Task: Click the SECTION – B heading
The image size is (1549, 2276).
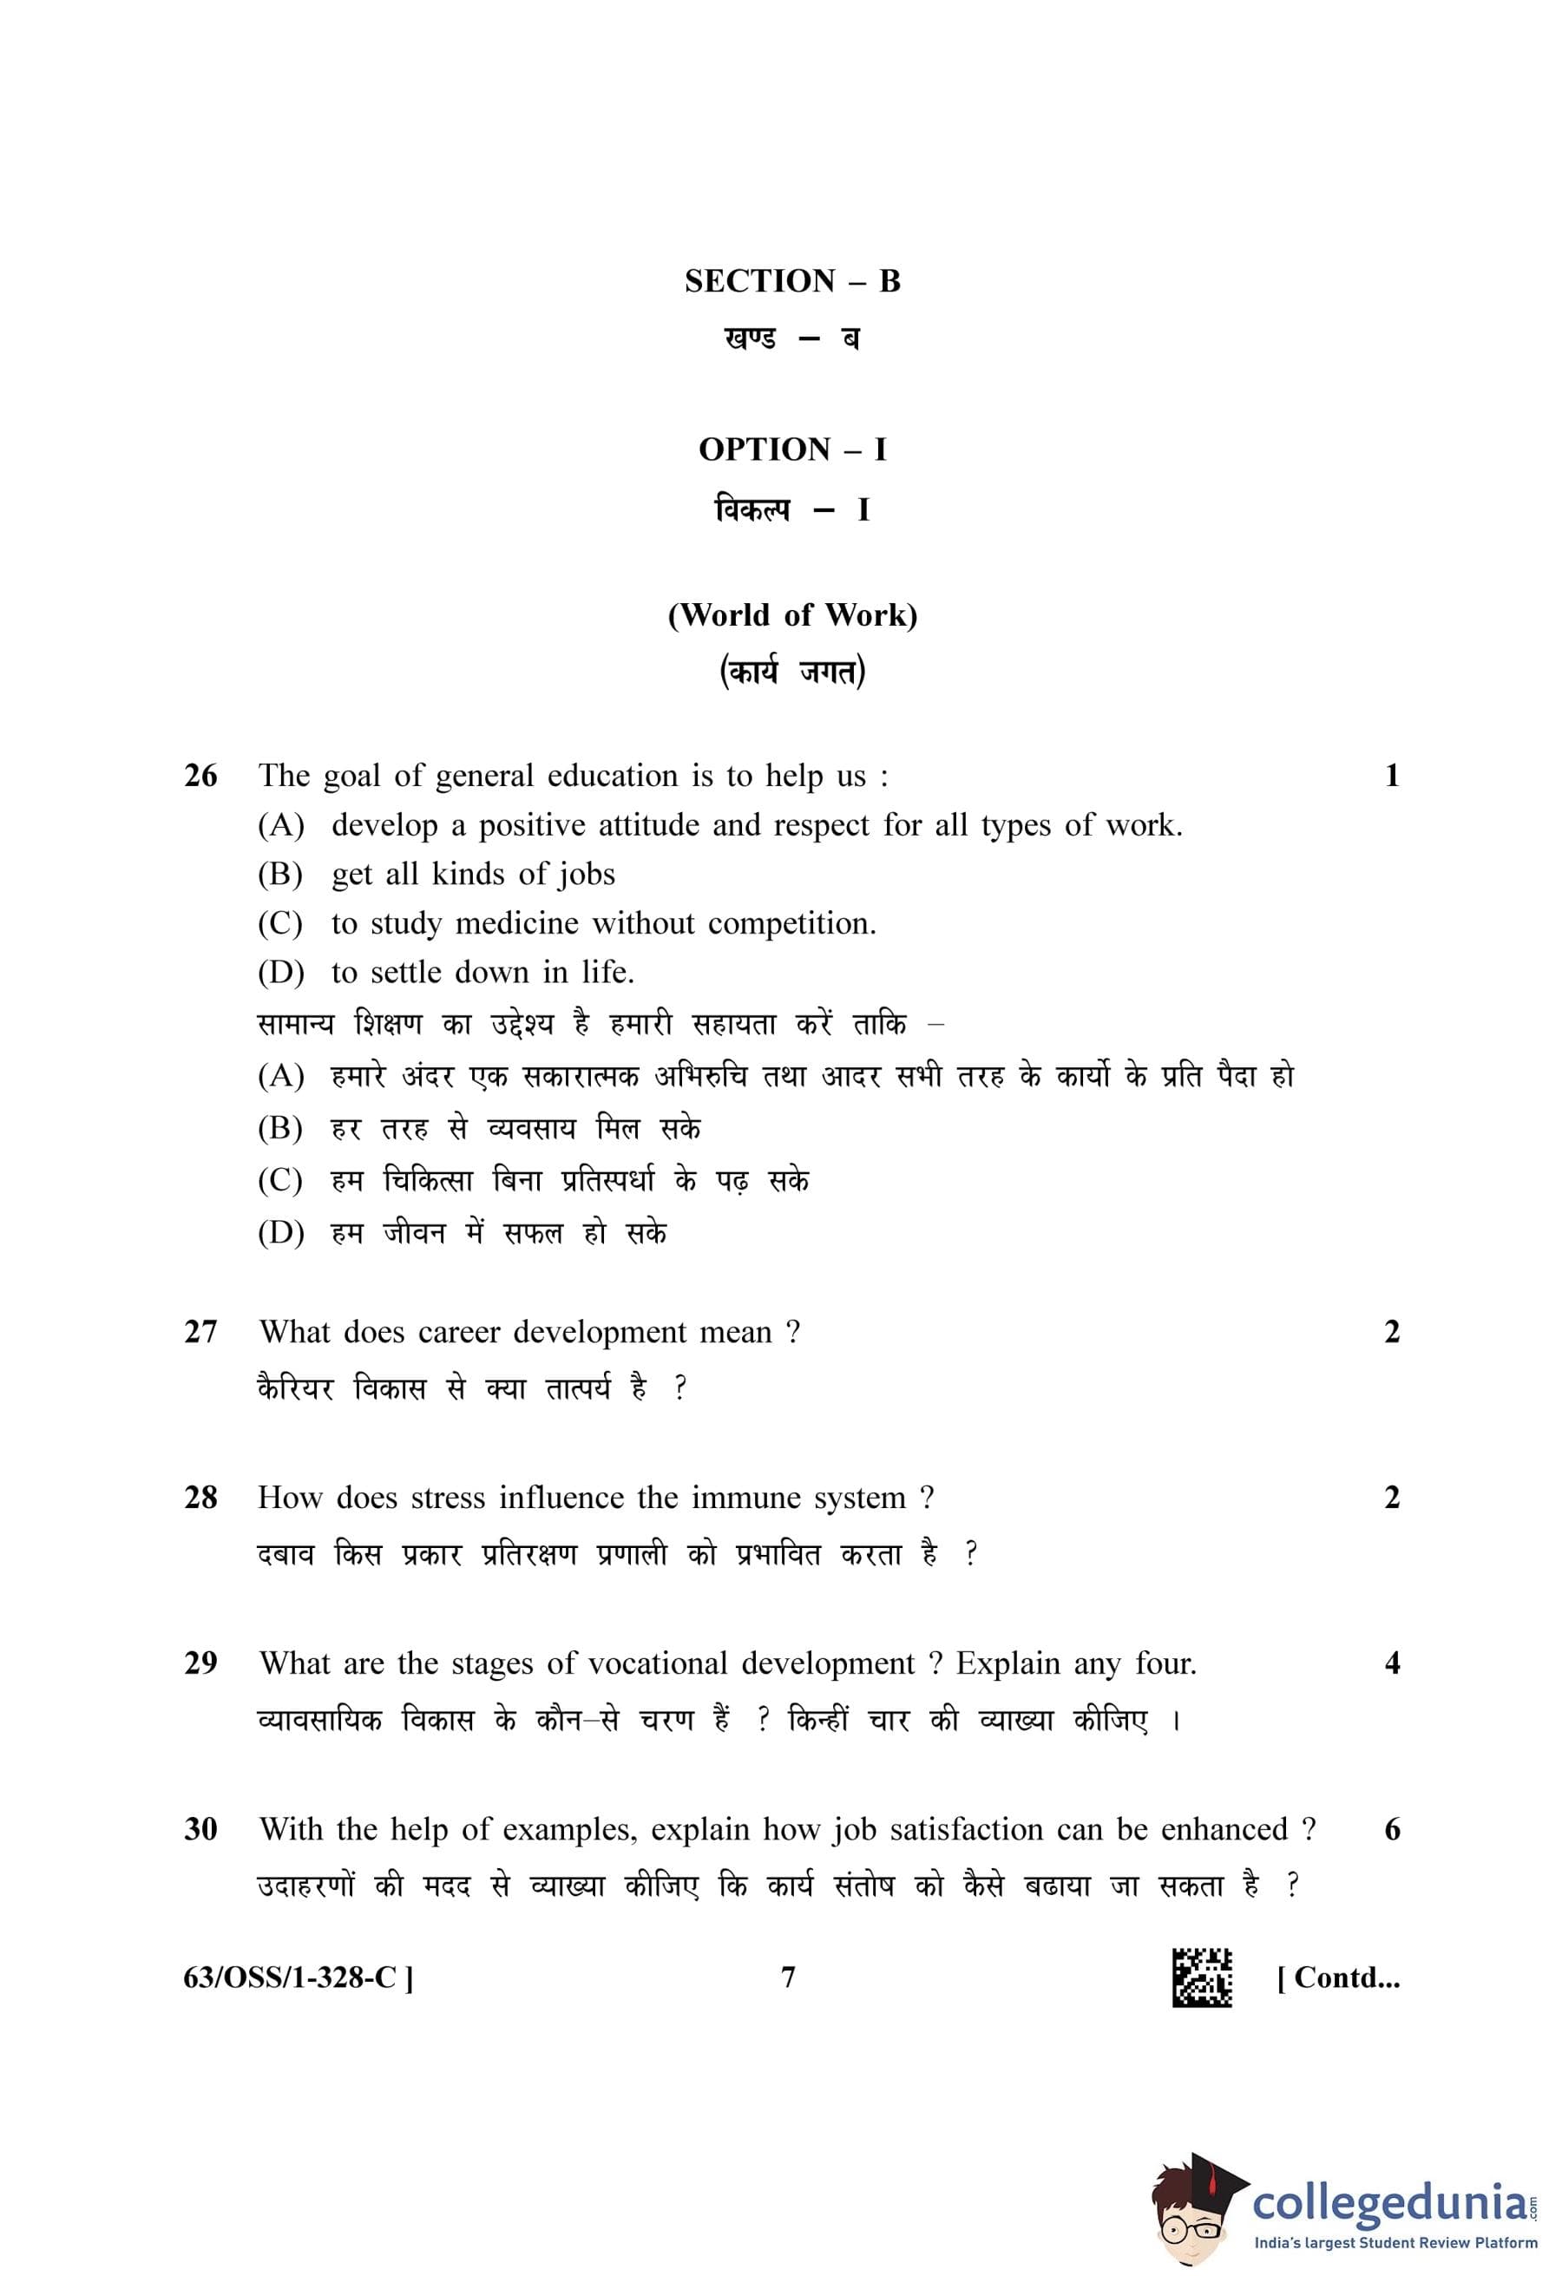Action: point(791,281)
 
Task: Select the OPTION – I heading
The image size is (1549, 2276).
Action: point(791,449)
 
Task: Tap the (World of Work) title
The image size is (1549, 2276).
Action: point(791,615)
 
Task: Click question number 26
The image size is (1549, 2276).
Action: point(200,776)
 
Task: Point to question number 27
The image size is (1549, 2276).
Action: point(200,1332)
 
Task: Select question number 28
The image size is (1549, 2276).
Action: point(200,1498)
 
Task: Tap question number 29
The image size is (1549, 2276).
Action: point(200,1663)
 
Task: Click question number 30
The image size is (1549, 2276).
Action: point(200,1828)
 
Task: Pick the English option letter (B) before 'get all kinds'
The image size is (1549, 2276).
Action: point(280,874)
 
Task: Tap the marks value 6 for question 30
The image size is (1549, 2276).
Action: point(1392,1828)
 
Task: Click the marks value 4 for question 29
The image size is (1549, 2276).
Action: point(1392,1663)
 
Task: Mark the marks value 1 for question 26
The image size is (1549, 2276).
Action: point(1392,776)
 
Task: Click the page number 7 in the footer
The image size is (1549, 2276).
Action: point(788,1978)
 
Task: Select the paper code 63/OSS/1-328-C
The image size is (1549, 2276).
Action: point(298,1978)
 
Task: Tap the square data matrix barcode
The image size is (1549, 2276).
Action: point(1201,1978)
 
